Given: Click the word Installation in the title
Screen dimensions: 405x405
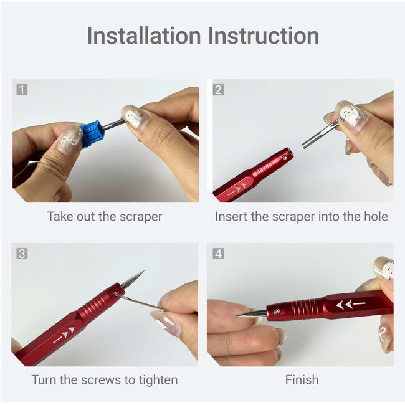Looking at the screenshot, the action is tap(144, 36).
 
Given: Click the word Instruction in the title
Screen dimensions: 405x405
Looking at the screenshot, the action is tap(263, 36).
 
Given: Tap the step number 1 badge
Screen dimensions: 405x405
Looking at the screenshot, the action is tap(22, 90).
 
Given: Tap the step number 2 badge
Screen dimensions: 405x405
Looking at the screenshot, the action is tap(218, 90).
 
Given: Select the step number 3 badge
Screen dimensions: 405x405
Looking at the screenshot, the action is tap(22, 254).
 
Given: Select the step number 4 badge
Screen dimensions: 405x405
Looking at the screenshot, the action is tap(218, 254).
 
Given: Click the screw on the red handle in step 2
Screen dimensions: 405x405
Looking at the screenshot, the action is tap(285, 157).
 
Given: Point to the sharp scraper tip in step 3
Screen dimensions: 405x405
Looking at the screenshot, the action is tap(145, 270).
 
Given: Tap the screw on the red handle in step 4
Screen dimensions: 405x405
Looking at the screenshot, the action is tap(276, 312).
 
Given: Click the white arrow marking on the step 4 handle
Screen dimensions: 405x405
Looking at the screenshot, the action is tap(351, 304).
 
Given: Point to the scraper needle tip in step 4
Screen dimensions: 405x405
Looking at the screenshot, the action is tap(233, 316).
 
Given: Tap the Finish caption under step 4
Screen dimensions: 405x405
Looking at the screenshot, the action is tap(302, 379).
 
